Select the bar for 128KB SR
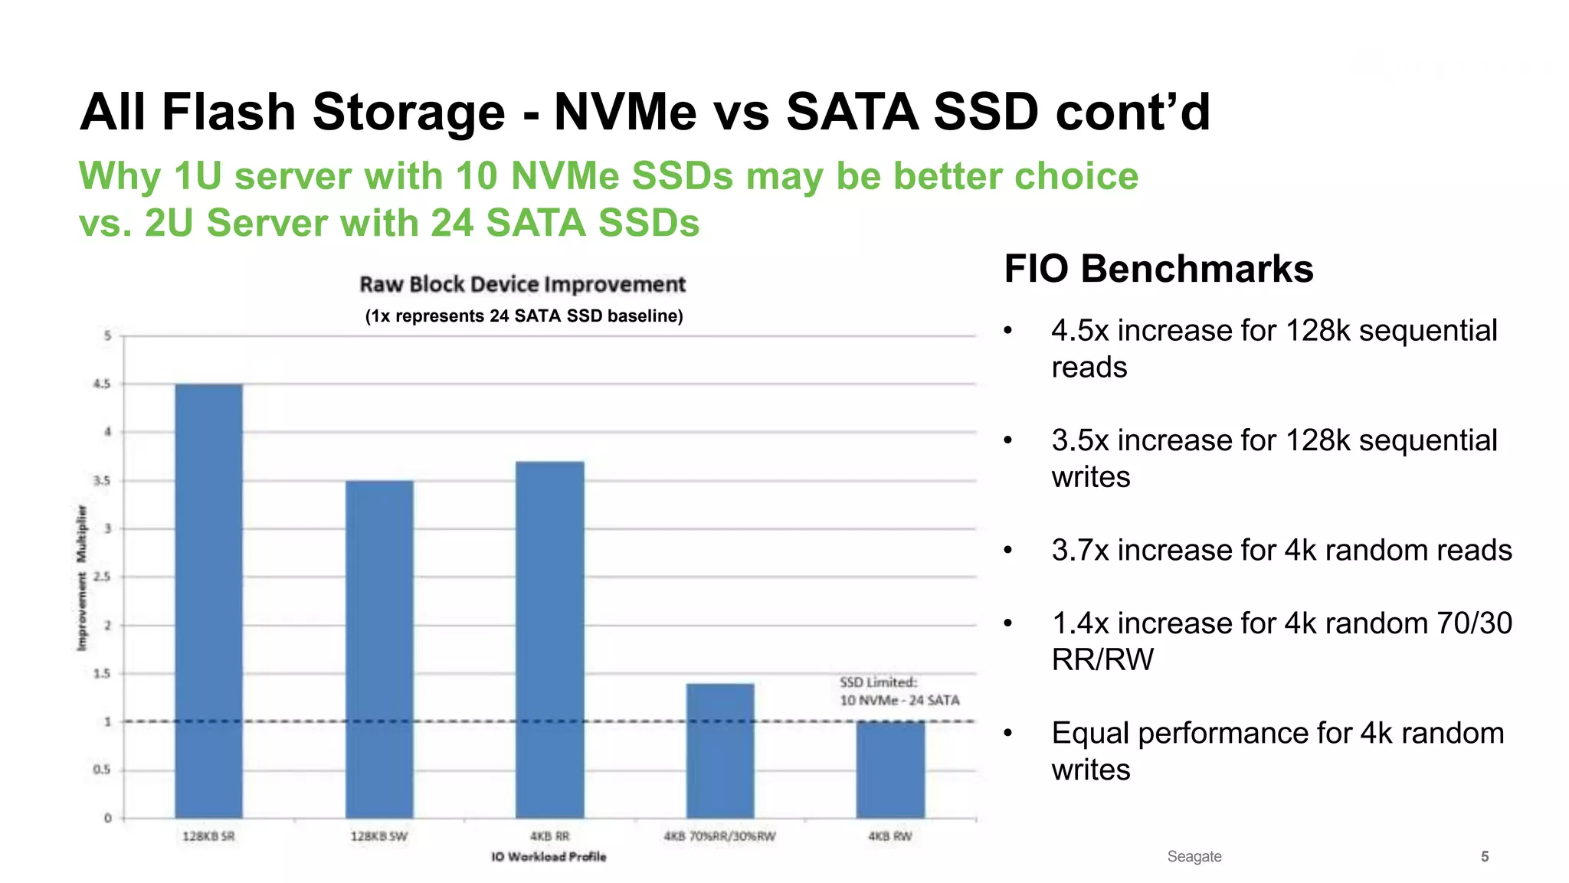pyautogui.click(x=208, y=601)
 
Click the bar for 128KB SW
pyautogui.click(x=379, y=649)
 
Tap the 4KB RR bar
pyautogui.click(x=549, y=639)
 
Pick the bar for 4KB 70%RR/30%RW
pyautogui.click(x=720, y=751)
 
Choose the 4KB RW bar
pyautogui.click(x=890, y=770)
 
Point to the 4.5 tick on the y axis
pyautogui.click(x=102, y=384)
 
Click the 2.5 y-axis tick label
pyautogui.click(x=102, y=577)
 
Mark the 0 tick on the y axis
pyautogui.click(x=108, y=818)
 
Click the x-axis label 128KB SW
pyautogui.click(x=379, y=836)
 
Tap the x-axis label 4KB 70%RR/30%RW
pyautogui.click(x=720, y=836)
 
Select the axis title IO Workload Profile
pyautogui.click(x=549, y=856)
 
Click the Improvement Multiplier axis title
pyautogui.click(x=82, y=578)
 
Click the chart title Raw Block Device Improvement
pyautogui.click(x=522, y=284)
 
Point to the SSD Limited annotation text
pyautogui.click(x=899, y=691)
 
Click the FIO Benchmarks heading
pyautogui.click(x=1158, y=269)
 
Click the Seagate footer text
pyautogui.click(x=1194, y=856)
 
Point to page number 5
pyautogui.click(x=1484, y=856)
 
